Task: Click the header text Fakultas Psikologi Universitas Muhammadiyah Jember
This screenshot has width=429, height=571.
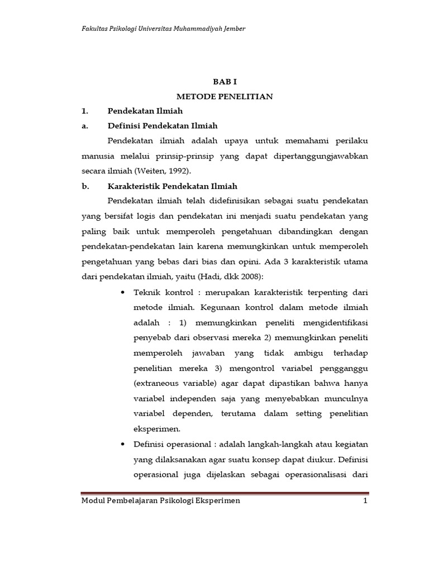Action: point(164,28)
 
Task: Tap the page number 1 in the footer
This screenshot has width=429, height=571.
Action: point(365,501)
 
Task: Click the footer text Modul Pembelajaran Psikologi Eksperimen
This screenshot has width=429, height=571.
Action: point(161,501)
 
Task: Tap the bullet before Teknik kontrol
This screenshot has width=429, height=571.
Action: point(122,292)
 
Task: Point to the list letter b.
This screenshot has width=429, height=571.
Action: point(85,186)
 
